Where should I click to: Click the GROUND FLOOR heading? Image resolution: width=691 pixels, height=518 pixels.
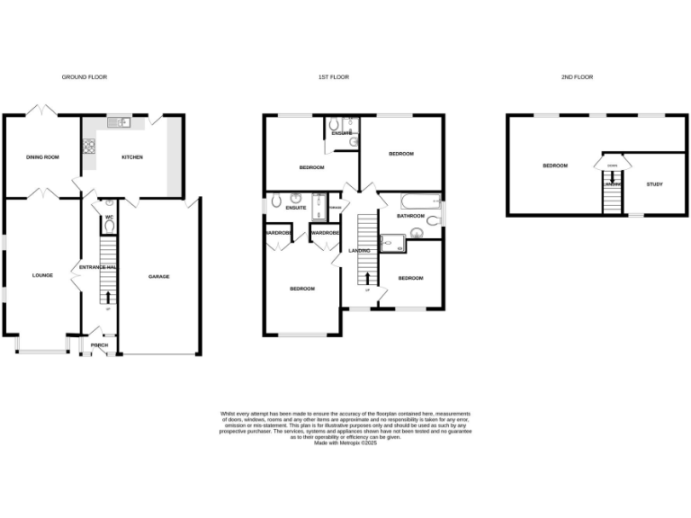85,77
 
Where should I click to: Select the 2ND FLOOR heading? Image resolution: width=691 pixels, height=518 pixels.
577,77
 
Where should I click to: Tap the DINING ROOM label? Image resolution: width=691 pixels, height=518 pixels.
41,157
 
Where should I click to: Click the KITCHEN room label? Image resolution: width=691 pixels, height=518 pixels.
132,157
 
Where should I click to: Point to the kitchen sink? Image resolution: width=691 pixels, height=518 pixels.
118,123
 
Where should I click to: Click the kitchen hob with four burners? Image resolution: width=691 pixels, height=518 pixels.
89,144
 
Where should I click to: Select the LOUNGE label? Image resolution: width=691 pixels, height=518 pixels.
41,275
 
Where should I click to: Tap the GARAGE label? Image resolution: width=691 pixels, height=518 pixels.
159,276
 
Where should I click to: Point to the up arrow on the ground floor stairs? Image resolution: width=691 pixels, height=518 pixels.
108,297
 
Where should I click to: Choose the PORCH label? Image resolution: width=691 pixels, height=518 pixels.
100,345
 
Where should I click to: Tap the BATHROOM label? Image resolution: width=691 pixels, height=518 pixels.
410,216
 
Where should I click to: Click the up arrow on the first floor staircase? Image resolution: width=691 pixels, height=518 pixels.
367,277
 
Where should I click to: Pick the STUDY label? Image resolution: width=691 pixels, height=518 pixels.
654,184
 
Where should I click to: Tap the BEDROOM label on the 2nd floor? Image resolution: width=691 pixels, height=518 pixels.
554,165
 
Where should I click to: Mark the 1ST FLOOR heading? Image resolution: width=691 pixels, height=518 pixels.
333,77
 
